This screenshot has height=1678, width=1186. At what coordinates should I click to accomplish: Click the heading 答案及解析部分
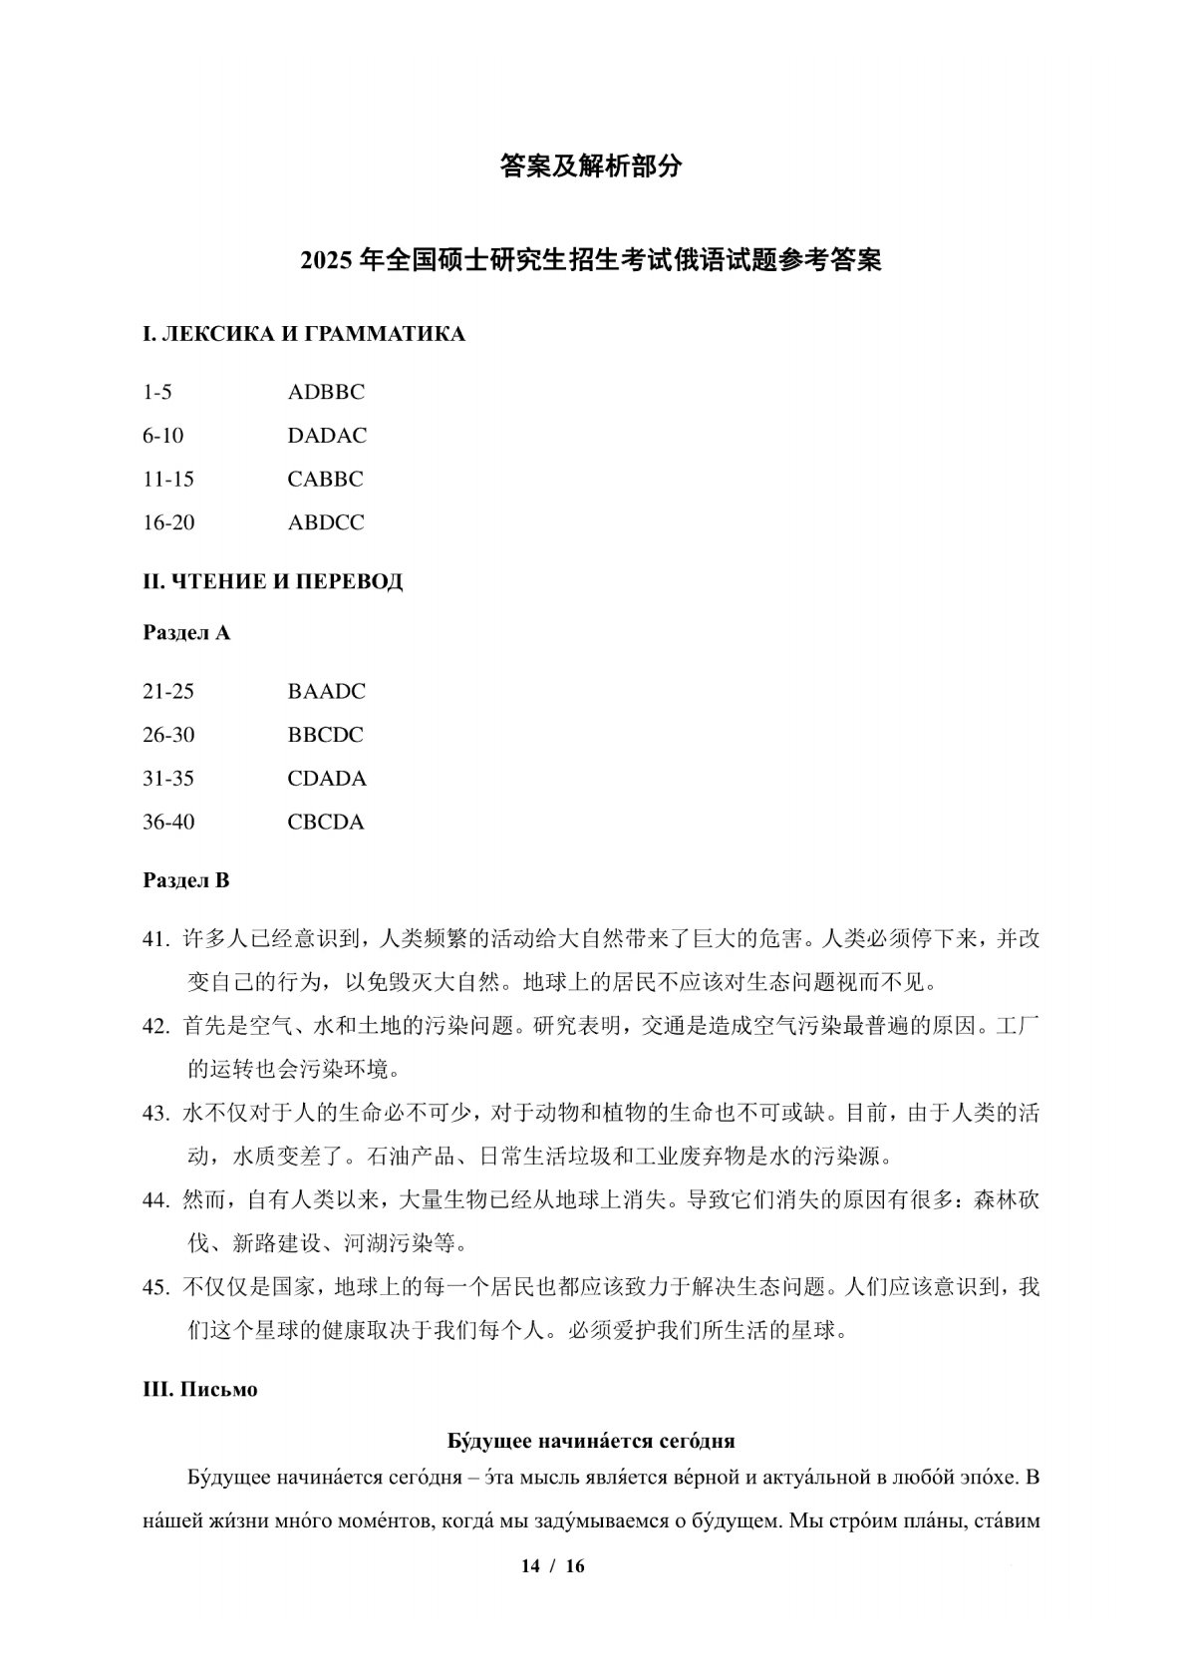pos(591,167)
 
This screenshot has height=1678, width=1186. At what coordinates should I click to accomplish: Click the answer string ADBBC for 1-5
pos(326,392)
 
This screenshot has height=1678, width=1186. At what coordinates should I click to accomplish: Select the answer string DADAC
pos(327,436)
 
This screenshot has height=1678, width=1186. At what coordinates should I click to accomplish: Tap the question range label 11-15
pos(168,479)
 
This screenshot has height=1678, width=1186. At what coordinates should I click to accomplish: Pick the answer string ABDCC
pos(326,522)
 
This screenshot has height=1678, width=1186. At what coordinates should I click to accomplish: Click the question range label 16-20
pos(168,522)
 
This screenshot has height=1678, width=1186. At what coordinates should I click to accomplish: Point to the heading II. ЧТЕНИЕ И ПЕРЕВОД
pos(273,581)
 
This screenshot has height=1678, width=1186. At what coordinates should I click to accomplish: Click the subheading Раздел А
pos(186,633)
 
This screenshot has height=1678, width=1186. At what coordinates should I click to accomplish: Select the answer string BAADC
pos(326,691)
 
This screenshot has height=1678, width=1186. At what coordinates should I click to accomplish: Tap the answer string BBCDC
pos(325,735)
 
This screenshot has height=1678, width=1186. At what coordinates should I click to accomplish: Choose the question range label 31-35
pos(168,779)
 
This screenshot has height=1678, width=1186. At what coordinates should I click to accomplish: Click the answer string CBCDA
pos(326,823)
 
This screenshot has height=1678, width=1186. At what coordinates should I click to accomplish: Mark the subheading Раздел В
pos(186,880)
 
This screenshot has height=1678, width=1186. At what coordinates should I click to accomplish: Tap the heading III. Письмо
pos(200,1390)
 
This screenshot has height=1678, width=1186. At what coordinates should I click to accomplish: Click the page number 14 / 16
pos(553,1565)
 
